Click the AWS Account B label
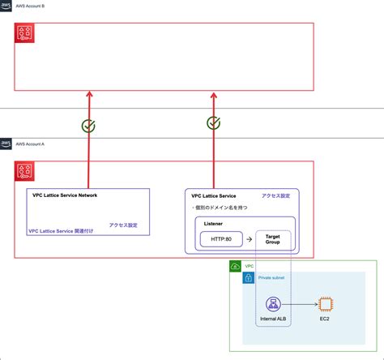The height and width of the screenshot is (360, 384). (36, 6)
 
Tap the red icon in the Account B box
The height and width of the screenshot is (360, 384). (25, 33)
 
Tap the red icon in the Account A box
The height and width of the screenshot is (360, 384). (25, 171)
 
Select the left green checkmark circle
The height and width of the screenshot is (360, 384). (90, 126)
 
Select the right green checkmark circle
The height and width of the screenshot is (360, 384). (214, 123)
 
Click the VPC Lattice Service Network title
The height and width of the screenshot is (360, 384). (70, 195)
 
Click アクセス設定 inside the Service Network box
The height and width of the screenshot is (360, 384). (124, 223)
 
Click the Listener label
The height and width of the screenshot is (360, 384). (214, 223)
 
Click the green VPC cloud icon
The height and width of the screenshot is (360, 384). (236, 266)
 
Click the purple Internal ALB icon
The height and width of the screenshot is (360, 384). (273, 305)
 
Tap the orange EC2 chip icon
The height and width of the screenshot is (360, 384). (324, 305)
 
